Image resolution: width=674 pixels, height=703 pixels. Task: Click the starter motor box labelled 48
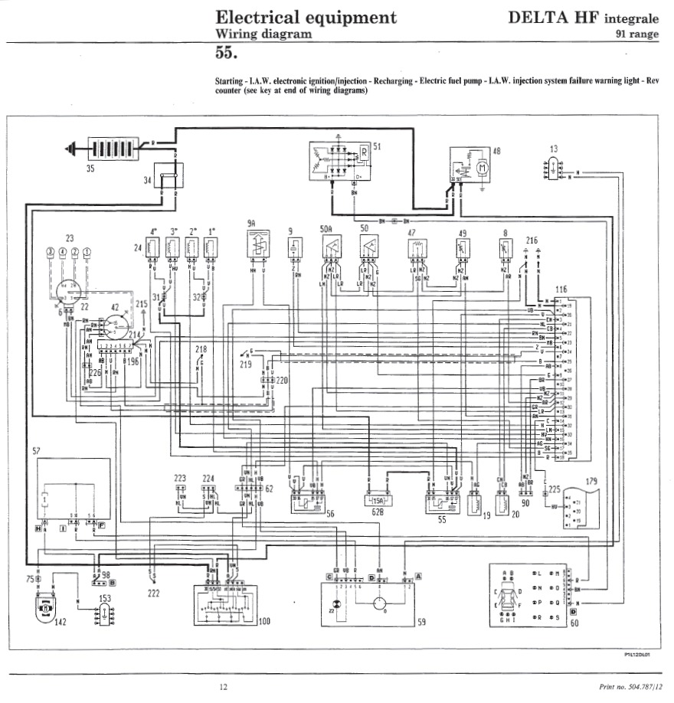470,167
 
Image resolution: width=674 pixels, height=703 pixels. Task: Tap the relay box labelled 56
306,502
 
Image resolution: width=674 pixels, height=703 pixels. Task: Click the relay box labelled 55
442,502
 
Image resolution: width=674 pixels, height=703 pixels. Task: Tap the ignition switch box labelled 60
531,595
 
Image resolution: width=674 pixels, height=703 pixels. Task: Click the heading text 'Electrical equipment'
306,17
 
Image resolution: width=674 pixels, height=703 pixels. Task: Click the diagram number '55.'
227,54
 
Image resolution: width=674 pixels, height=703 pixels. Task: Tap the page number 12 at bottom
223,687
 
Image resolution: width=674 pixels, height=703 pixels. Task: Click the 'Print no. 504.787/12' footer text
630,687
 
